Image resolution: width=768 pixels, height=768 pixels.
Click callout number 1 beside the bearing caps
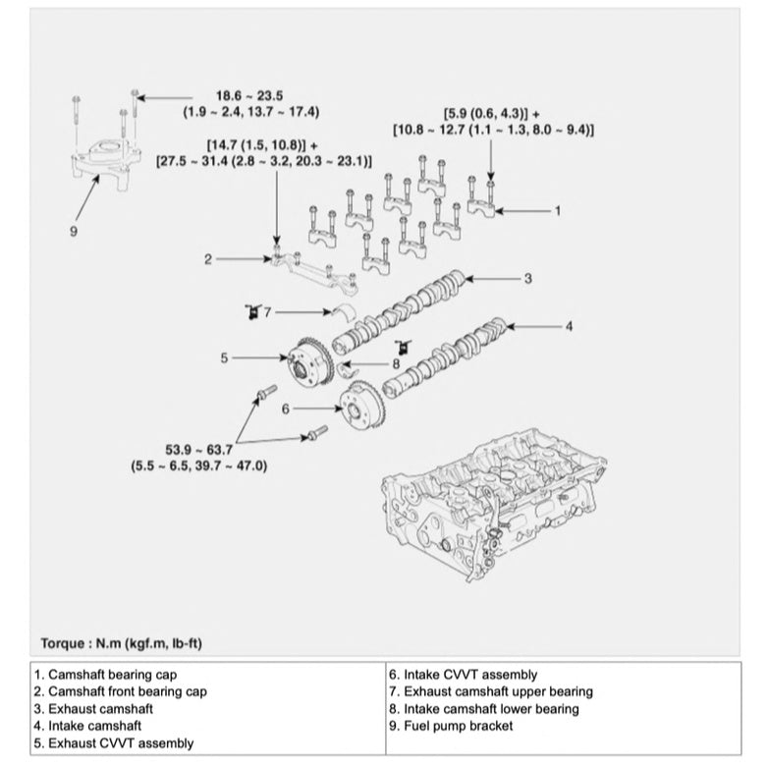pyautogui.click(x=558, y=210)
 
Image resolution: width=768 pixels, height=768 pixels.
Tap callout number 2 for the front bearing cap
pyautogui.click(x=208, y=259)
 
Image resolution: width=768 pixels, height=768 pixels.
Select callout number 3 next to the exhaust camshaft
pyautogui.click(x=527, y=279)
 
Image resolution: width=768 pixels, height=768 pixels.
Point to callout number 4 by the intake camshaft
pyautogui.click(x=568, y=324)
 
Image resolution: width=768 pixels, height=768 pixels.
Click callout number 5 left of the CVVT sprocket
pyautogui.click(x=224, y=358)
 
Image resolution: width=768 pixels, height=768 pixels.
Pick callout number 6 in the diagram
pyautogui.click(x=285, y=408)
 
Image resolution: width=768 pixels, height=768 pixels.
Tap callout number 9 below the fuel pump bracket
pyautogui.click(x=73, y=231)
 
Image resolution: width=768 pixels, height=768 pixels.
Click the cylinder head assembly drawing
pyautogui.click(x=491, y=511)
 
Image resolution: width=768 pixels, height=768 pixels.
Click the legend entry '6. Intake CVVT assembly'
pyautogui.click(x=464, y=675)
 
